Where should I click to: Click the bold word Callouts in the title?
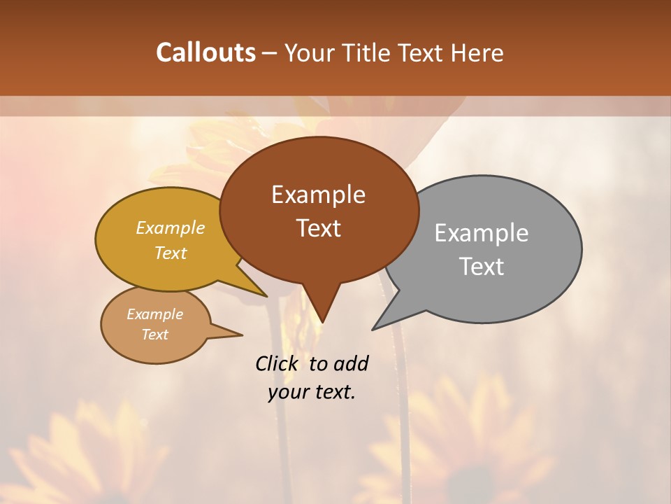205,52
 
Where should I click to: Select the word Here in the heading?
477,53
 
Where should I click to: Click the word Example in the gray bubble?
482,233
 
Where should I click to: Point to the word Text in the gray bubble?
482,267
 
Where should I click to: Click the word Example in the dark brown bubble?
318,195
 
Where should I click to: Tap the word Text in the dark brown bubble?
318,228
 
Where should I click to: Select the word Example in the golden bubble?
171,228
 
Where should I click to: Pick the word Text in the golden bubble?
171,253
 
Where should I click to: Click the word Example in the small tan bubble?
154,314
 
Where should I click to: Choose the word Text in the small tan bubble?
154,335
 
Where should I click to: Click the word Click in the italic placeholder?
279,364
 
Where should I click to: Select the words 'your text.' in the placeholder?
312,392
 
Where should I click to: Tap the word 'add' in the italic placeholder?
351,364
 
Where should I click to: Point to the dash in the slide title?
270,53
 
